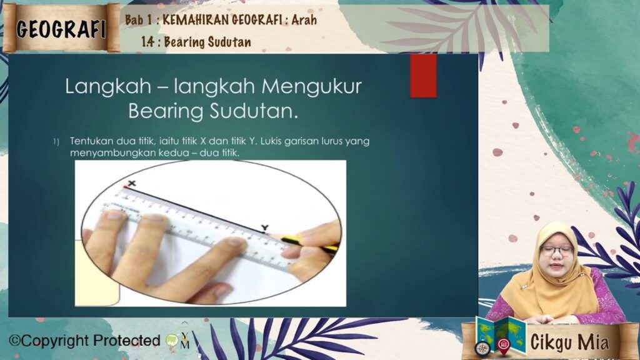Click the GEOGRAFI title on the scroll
point(61,29)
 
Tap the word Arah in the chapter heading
point(304,19)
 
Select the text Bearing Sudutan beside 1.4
point(207,42)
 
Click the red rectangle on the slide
point(423,76)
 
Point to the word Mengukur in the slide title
point(311,86)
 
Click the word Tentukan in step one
point(91,141)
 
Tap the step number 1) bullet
point(56,142)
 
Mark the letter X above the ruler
point(131,183)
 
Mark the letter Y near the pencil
point(265,227)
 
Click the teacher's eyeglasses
point(556,251)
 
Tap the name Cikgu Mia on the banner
point(569,342)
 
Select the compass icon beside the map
point(482,349)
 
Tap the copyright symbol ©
point(15,341)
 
